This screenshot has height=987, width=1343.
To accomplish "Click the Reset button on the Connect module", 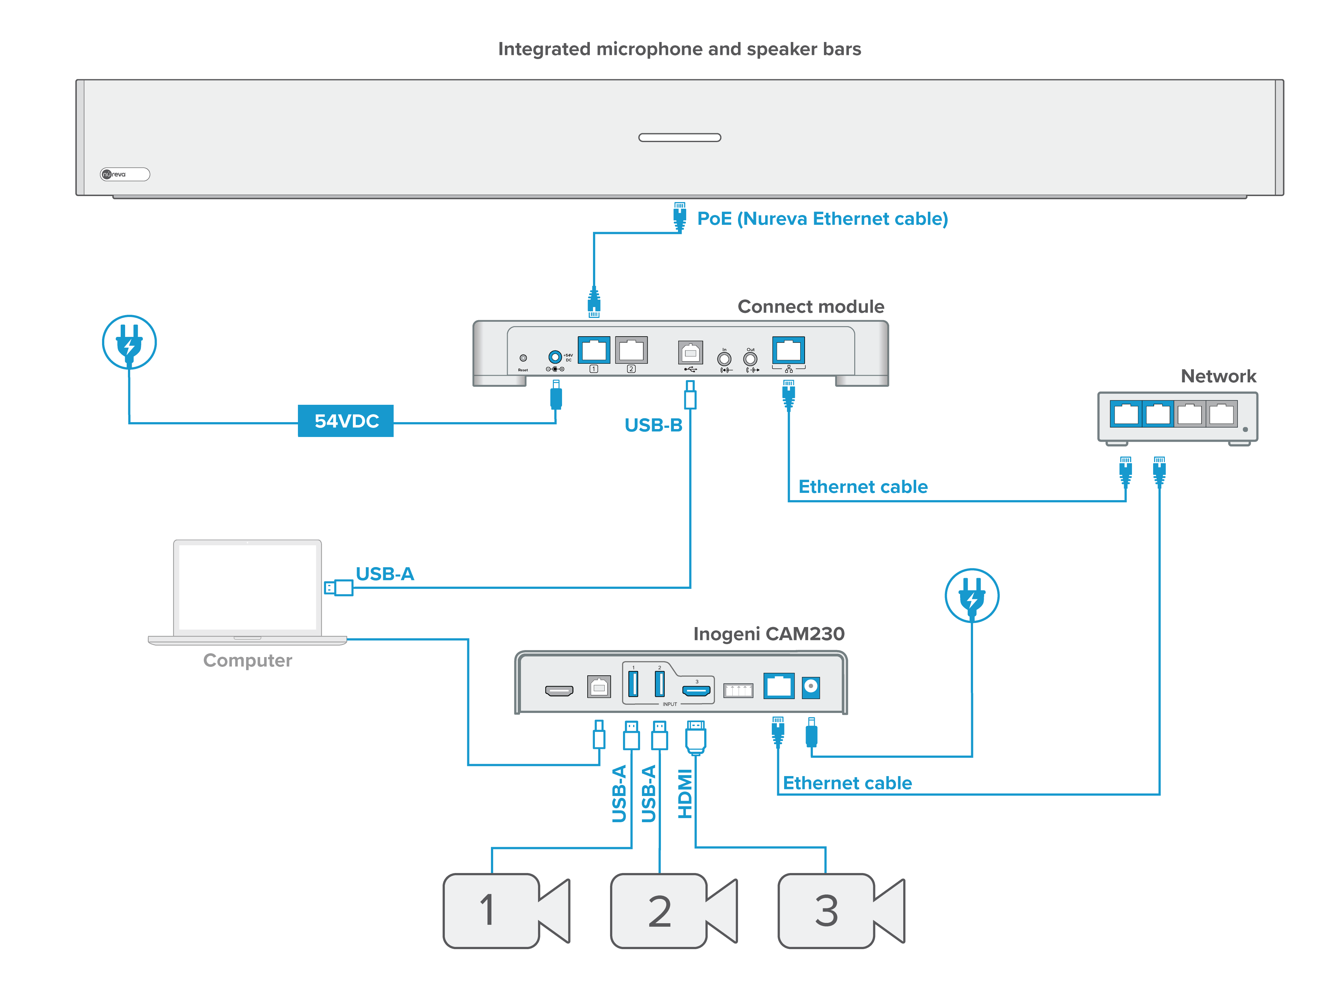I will [523, 358].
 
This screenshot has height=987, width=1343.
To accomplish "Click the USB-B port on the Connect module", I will [690, 352].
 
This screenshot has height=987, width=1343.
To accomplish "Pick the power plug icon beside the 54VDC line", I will [129, 342].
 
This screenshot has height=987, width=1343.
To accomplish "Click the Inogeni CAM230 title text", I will [769, 634].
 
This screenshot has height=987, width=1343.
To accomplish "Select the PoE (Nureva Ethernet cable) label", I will [822, 219].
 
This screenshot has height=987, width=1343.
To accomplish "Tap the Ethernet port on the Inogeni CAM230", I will [778, 686].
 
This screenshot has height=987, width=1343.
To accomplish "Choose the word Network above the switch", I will [1218, 376].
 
